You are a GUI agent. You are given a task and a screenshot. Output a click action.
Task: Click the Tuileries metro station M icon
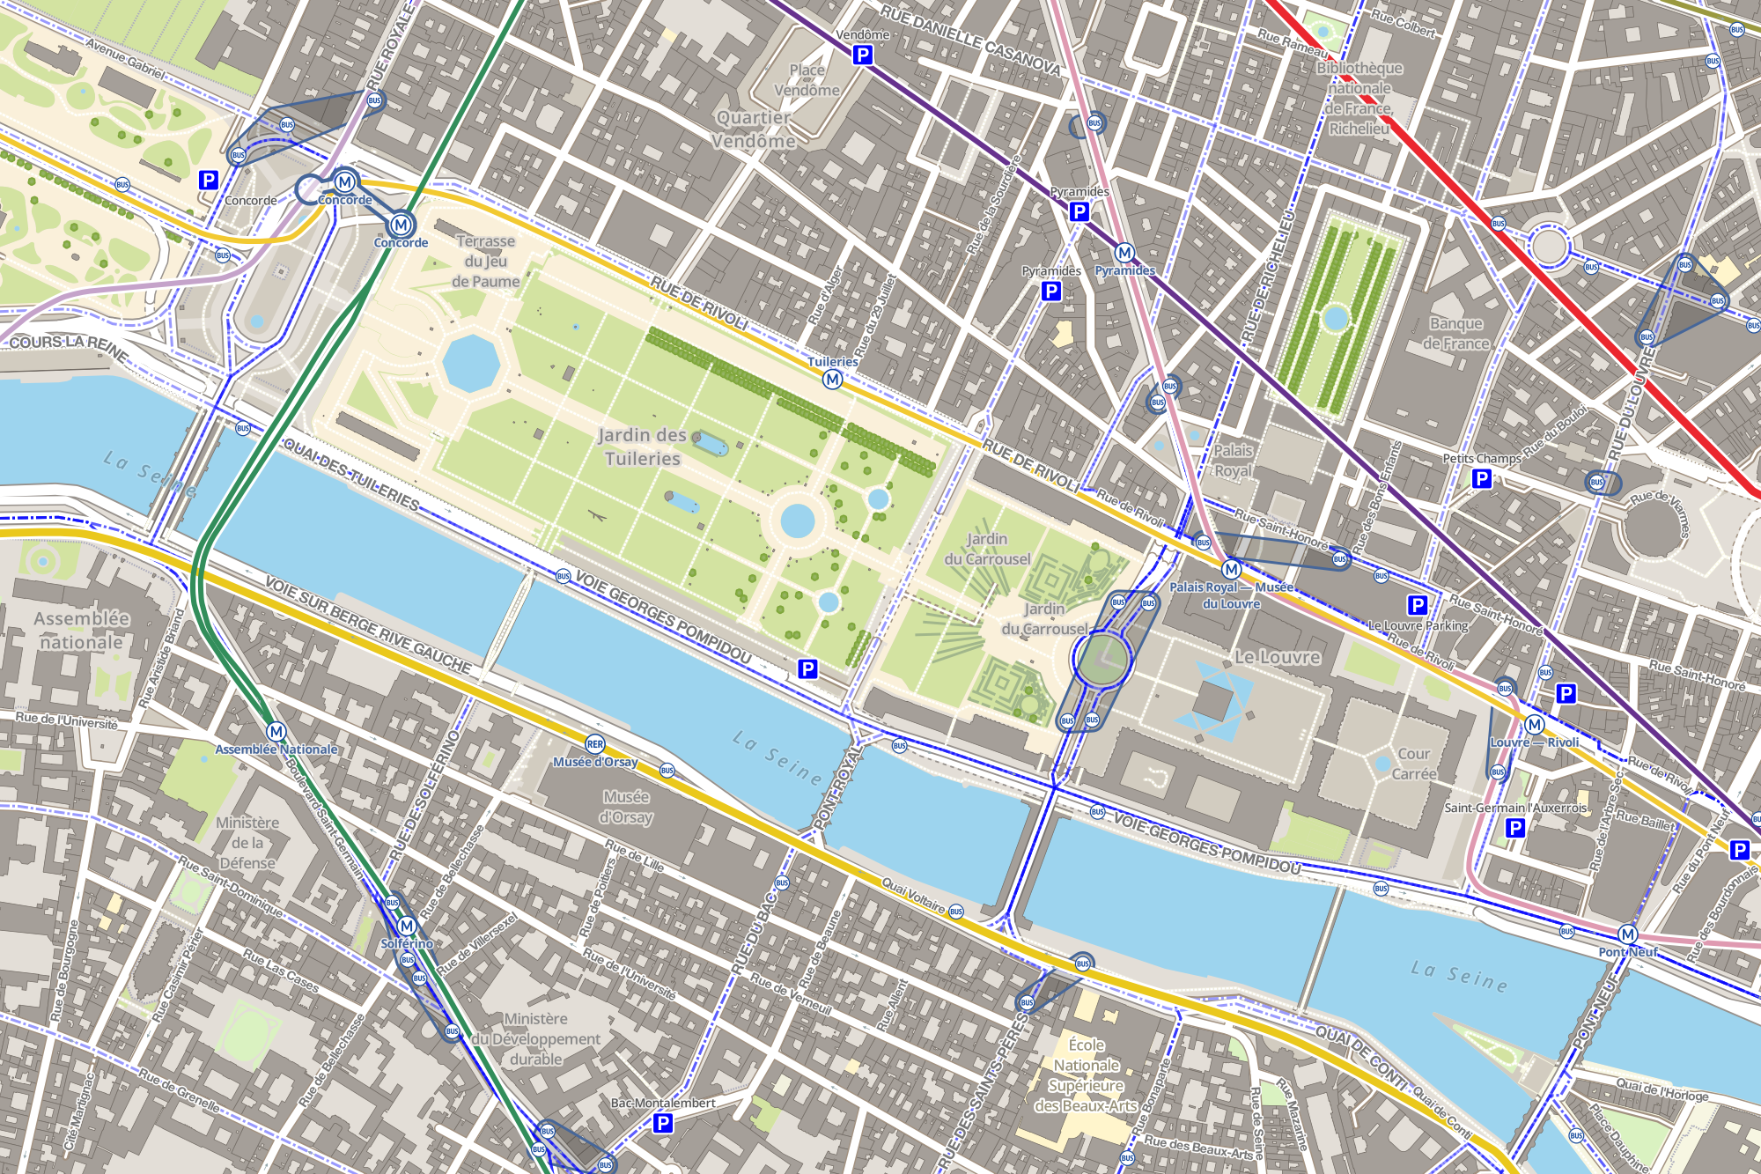[832, 380]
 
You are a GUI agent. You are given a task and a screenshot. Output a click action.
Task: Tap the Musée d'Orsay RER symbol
[595, 745]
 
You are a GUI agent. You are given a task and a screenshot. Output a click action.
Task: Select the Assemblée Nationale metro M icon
[276, 732]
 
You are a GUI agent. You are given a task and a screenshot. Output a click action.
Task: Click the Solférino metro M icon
[407, 927]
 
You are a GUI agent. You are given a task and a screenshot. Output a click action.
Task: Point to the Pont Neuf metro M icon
[1627, 934]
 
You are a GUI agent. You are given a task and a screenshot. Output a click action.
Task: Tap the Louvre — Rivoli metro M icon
[1535, 725]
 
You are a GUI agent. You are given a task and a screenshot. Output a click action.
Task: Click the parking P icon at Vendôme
[863, 55]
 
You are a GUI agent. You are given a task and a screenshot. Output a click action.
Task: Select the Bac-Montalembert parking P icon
[663, 1123]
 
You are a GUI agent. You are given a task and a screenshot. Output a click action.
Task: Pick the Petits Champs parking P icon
[1482, 478]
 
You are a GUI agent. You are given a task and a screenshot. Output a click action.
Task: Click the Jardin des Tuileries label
[642, 447]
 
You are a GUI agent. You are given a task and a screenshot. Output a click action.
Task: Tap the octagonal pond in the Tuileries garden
[471, 362]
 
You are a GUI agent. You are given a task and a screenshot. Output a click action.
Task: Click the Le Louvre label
[1277, 657]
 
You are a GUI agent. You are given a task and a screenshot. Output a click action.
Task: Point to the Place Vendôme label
[807, 80]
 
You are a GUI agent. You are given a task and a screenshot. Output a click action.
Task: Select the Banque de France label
[1455, 334]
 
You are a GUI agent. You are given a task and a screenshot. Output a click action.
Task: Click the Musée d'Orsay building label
[626, 807]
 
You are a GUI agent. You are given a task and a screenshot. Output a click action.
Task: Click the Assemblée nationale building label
[81, 631]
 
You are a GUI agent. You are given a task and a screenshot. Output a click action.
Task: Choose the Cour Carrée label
[1414, 764]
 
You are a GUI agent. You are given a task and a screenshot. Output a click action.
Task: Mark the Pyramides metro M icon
[1124, 254]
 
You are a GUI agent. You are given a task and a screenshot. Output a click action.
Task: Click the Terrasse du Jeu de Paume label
[485, 261]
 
